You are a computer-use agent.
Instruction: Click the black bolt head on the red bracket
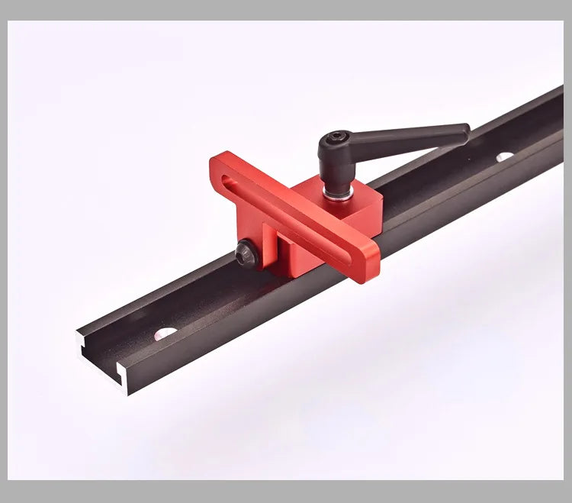click(x=246, y=255)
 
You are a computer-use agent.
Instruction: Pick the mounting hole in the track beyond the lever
click(x=504, y=156)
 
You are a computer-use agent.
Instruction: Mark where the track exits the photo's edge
click(x=561, y=114)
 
